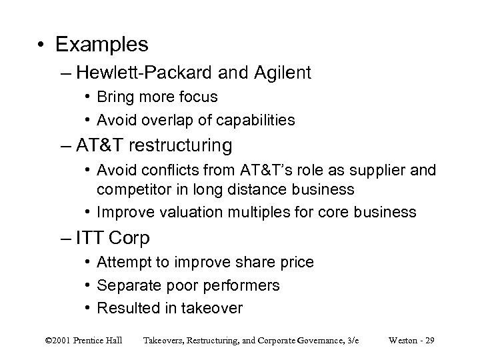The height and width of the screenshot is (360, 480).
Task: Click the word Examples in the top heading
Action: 102,45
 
